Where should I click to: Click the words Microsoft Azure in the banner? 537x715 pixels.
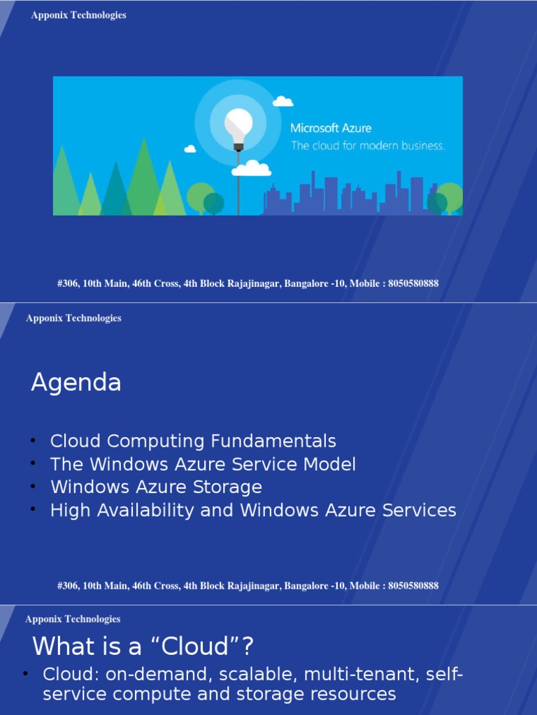pyautogui.click(x=331, y=128)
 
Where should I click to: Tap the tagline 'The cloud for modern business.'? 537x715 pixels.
pyautogui.click(x=367, y=146)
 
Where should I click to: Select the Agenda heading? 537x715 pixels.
pyautogui.click(x=76, y=383)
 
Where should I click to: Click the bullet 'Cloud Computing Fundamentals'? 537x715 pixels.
pyautogui.click(x=193, y=441)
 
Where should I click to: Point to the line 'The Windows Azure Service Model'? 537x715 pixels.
pyautogui.click(x=203, y=464)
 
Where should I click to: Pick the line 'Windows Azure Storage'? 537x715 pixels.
pyautogui.click(x=156, y=487)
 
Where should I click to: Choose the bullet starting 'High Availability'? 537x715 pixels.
pyautogui.click(x=253, y=510)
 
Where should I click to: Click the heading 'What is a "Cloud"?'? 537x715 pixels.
pyautogui.click(x=143, y=647)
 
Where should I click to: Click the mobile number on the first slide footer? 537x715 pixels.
pyautogui.click(x=413, y=283)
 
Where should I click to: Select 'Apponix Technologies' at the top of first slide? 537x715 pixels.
pyautogui.click(x=79, y=15)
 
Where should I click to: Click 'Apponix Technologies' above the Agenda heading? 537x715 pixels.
pyautogui.click(x=73, y=318)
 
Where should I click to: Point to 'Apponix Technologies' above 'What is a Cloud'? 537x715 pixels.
pyautogui.click(x=73, y=619)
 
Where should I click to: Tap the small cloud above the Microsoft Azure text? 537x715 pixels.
pyautogui.click(x=282, y=102)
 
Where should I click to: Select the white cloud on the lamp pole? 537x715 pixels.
pyautogui.click(x=251, y=168)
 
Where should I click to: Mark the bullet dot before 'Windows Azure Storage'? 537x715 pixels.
pyautogui.click(x=33, y=486)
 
